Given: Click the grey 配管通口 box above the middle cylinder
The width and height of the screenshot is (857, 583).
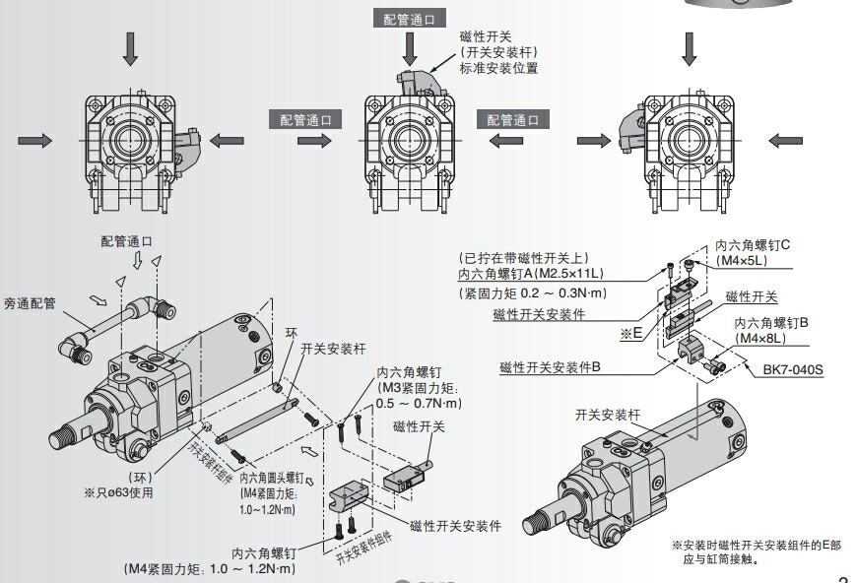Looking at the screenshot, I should (x=409, y=19).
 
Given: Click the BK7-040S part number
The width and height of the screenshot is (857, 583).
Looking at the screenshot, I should (x=793, y=370).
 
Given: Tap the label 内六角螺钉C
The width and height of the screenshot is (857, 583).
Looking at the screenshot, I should (x=753, y=245).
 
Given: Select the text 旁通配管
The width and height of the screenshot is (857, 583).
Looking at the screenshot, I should (x=30, y=304).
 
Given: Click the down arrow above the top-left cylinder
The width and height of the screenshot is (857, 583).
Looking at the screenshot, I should (x=130, y=47).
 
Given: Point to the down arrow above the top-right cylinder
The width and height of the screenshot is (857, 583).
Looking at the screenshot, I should (x=690, y=47).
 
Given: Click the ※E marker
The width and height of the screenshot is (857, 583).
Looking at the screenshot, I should (x=630, y=334).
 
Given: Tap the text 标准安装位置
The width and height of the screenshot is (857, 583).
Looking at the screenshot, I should (x=498, y=69).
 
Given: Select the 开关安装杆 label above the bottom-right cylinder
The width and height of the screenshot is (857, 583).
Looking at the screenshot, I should (x=608, y=415).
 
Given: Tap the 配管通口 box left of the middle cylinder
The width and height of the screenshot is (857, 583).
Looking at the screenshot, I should (x=305, y=119).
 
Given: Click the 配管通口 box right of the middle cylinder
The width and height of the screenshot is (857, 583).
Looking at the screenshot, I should (x=513, y=119).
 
